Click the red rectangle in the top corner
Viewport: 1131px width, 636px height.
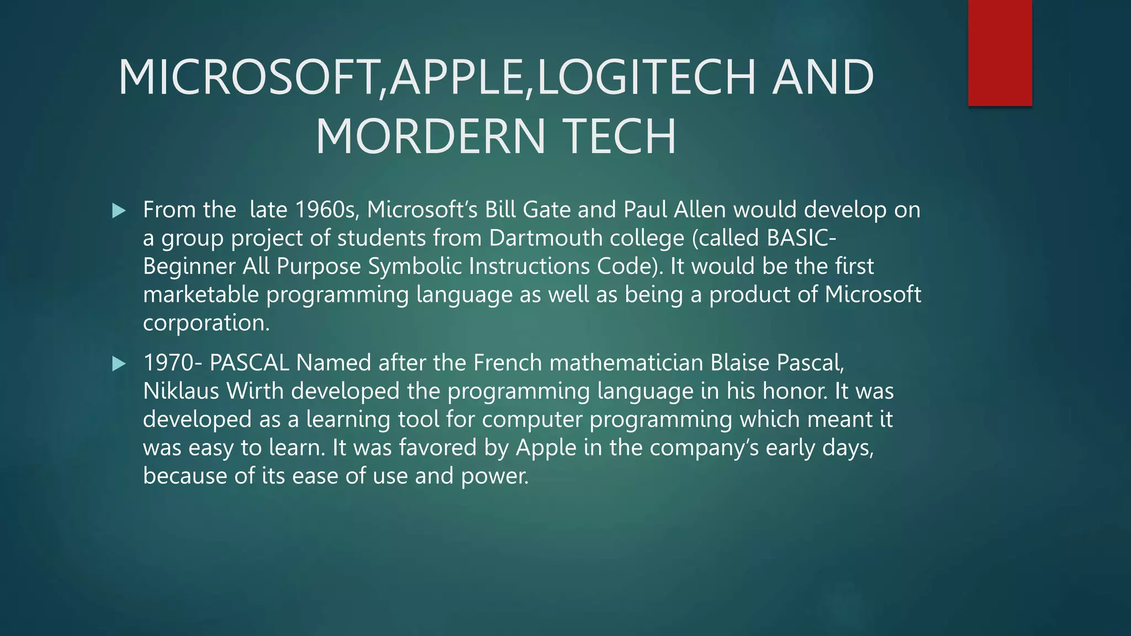(1000, 53)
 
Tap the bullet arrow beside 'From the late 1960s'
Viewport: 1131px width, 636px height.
(119, 210)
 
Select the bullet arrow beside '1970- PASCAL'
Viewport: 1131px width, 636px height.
(119, 363)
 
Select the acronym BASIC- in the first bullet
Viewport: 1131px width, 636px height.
(801, 238)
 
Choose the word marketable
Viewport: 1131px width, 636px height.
(200, 294)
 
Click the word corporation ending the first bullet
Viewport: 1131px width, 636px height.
(206, 322)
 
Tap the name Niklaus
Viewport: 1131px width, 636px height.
(181, 391)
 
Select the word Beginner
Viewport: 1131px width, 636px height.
(189, 266)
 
